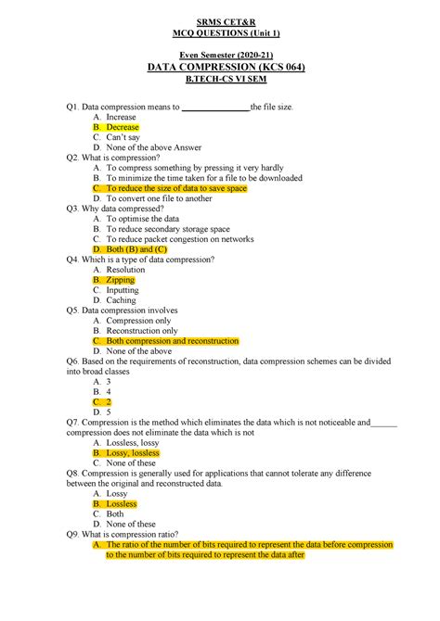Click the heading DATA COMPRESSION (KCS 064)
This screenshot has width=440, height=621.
tap(220, 69)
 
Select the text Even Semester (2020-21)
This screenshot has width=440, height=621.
tap(220, 56)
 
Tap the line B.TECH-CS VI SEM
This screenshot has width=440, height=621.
tap(220, 82)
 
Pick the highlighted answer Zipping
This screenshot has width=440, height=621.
tap(121, 279)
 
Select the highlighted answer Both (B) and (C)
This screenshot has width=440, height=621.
tap(136, 248)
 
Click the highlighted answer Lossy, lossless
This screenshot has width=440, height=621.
tap(133, 453)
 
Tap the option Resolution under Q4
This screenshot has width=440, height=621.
tap(126, 269)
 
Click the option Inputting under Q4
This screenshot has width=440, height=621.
tap(123, 289)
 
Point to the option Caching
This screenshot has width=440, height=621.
tap(122, 299)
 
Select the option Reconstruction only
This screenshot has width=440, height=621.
tap(142, 330)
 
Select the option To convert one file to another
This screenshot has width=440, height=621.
tap(160, 198)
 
